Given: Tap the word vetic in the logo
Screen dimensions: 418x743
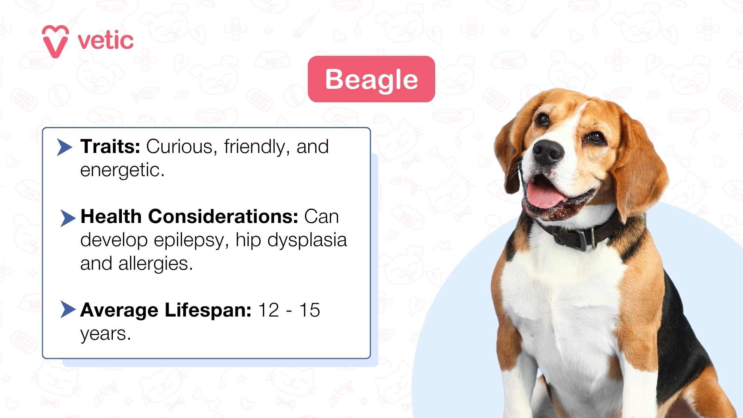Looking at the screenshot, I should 105,41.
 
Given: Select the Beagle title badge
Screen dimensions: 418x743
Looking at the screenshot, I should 371,79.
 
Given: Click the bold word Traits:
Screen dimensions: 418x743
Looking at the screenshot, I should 110,147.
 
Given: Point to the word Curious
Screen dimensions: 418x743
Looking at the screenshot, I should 179,147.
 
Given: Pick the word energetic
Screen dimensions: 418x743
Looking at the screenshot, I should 122,170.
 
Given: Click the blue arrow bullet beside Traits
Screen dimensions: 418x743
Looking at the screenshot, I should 64,147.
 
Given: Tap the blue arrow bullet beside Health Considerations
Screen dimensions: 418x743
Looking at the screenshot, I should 68,218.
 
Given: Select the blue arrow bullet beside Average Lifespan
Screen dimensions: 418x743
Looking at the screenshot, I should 68,309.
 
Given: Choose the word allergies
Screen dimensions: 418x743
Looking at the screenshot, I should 155,263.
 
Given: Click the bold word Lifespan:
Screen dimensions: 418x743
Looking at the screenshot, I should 208,310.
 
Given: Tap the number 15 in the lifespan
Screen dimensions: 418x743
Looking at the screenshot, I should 309,310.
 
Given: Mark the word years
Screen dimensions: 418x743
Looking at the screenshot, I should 105,334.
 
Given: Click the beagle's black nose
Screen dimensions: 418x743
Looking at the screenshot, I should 548,151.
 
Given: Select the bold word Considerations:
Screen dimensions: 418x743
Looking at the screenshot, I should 223,217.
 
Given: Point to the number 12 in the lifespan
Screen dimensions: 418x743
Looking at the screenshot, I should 269,310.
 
